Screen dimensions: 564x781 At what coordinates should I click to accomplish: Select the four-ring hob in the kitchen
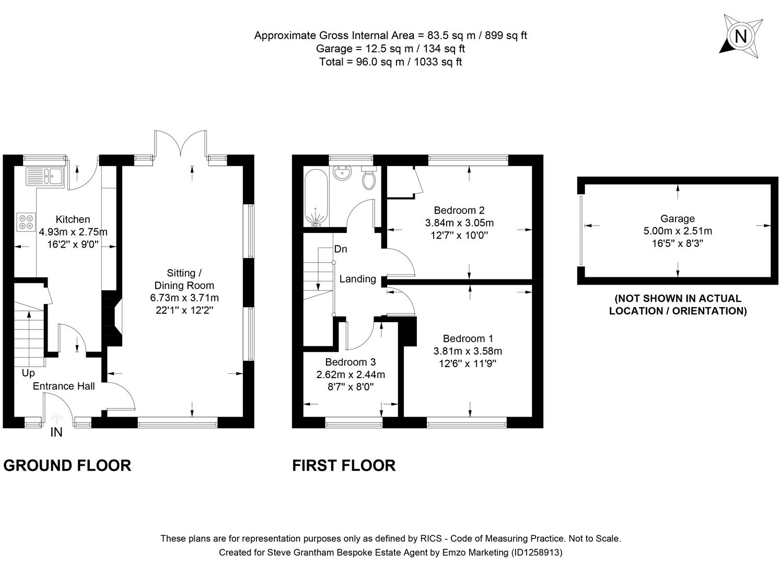26,222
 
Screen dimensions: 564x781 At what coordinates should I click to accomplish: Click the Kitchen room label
73,219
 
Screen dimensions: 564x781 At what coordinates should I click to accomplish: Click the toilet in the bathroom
369,179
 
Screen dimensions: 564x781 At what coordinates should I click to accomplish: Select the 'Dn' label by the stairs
341,249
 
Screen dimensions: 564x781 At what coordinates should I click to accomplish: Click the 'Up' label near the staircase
28,373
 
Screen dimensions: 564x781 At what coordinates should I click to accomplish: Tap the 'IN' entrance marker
56,432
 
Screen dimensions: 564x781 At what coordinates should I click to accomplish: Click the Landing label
357,279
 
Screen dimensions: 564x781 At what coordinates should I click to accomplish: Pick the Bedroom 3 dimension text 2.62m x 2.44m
351,374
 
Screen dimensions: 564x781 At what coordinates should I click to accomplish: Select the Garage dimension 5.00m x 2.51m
678,231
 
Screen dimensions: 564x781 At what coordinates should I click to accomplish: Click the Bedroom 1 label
468,338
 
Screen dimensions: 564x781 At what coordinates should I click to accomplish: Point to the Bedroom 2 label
459,210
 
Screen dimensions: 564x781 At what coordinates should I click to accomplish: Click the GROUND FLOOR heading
67,465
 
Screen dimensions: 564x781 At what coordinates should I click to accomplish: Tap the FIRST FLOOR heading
344,465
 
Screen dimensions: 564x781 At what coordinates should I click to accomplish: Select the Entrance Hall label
64,386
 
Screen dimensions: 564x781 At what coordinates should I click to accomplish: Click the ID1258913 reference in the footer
538,552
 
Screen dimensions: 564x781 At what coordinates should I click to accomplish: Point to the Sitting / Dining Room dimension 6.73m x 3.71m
184,298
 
